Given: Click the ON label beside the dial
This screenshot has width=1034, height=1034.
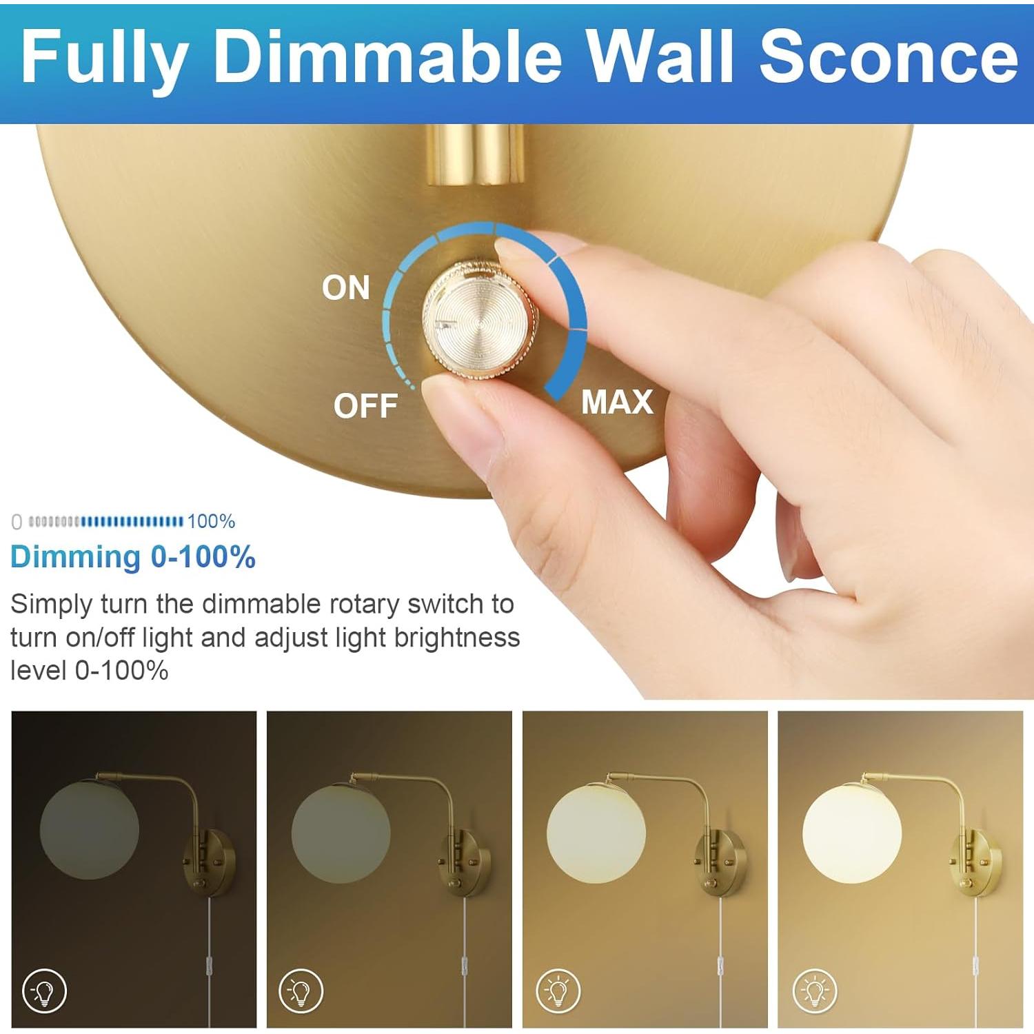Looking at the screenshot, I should (x=346, y=287).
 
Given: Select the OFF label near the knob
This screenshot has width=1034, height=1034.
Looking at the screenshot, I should (x=365, y=406).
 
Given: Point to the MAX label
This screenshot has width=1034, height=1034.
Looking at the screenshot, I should (x=617, y=402).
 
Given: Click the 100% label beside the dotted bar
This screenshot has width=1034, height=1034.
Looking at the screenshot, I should (x=211, y=521).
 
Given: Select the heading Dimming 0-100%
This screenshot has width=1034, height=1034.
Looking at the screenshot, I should (x=133, y=557).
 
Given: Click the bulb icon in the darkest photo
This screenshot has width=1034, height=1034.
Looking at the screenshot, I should (x=45, y=991).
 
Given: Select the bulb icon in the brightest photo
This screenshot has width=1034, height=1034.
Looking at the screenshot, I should (x=815, y=991).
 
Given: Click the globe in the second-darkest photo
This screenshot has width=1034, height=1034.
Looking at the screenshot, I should (x=341, y=831).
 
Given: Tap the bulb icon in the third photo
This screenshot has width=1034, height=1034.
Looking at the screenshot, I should (x=558, y=991).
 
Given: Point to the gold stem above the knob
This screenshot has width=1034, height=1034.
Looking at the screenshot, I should (x=466, y=154).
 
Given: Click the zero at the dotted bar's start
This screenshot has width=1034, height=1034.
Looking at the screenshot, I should (x=17, y=522).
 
